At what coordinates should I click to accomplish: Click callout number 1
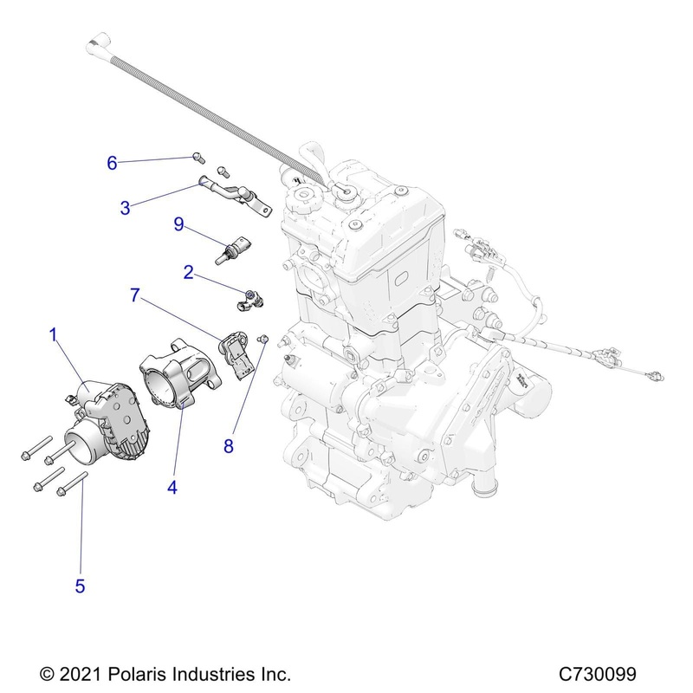[54, 335]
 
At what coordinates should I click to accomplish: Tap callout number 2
[189, 272]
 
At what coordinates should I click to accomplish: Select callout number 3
[125, 208]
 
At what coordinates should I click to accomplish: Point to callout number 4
[172, 488]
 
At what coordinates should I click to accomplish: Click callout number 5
[80, 586]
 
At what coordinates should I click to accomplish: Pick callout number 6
[113, 163]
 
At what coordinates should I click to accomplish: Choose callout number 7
[135, 295]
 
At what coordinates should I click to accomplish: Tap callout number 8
[229, 446]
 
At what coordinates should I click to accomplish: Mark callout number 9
[178, 224]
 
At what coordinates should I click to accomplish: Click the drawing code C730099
[598, 675]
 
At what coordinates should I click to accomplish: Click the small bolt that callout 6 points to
[199, 158]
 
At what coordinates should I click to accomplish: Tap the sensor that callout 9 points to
[232, 249]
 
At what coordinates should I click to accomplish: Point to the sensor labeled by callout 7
[236, 354]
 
